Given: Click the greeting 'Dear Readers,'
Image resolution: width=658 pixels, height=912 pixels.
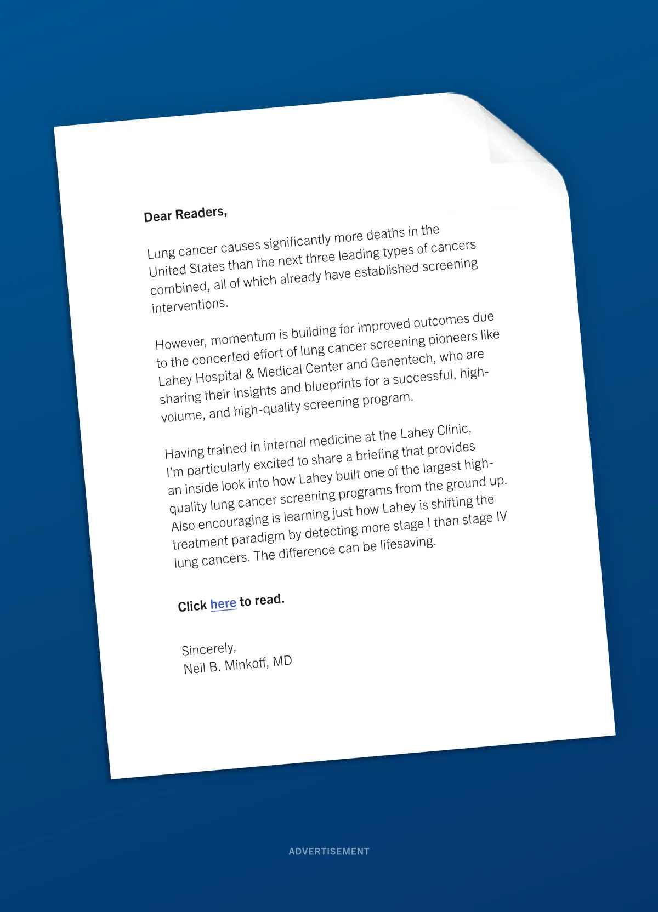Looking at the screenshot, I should click(x=185, y=214).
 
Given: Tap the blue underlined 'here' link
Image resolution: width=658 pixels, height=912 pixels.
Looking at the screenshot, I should click(x=223, y=604).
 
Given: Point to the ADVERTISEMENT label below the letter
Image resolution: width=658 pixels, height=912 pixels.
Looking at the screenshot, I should click(x=329, y=851).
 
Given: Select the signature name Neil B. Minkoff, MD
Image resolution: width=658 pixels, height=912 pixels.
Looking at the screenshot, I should click(x=237, y=665).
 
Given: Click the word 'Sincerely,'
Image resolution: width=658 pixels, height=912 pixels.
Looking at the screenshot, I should click(x=209, y=649).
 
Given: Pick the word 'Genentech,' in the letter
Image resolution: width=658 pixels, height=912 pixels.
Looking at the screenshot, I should click(x=403, y=361).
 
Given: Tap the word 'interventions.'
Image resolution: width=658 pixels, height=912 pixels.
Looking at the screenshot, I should click(x=190, y=305).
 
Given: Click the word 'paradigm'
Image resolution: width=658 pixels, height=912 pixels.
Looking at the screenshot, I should click(x=258, y=537).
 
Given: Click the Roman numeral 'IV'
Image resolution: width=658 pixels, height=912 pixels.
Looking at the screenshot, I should click(x=501, y=517).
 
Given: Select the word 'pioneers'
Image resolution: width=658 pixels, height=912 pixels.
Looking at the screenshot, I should click(x=452, y=338).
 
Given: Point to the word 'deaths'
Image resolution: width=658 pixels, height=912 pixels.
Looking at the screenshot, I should click(x=385, y=235).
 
